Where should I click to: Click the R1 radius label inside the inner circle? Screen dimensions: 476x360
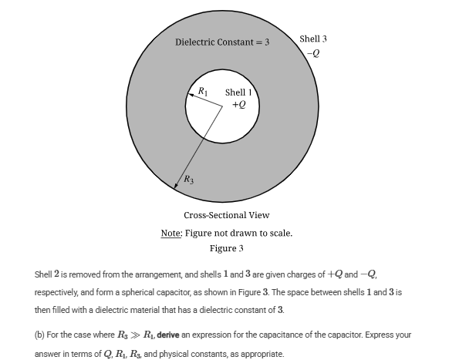203,92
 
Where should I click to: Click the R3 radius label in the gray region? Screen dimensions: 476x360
188,180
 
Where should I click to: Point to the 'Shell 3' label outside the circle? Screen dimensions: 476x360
313,39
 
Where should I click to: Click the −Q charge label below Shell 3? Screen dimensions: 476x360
312,52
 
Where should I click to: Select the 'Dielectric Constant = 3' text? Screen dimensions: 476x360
222,42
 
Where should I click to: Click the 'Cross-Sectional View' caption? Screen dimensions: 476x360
227,215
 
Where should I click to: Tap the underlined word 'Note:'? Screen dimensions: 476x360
171,233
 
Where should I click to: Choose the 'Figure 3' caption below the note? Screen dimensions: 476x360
227,248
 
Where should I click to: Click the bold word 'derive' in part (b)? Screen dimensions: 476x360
168,335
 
